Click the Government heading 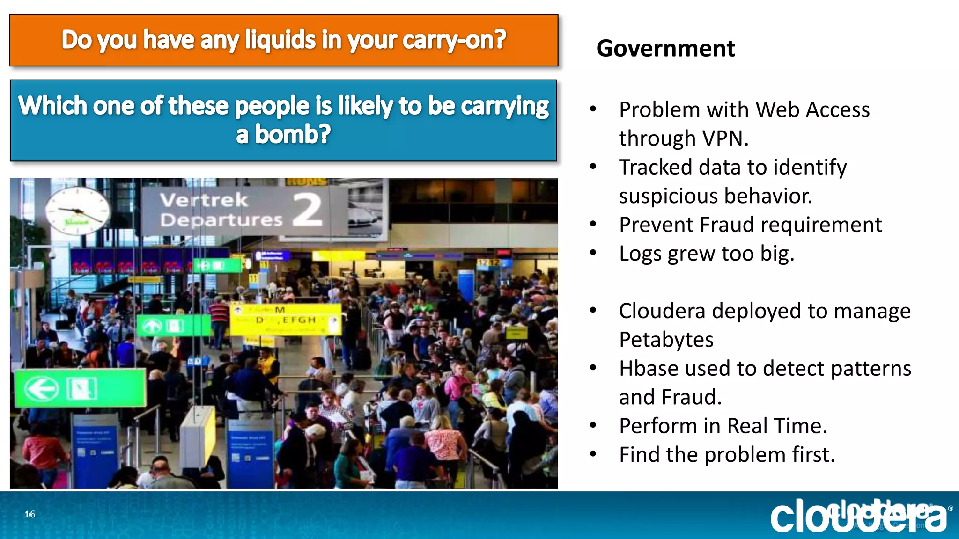click(x=665, y=49)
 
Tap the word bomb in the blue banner click(x=292, y=135)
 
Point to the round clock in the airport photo click(x=78, y=210)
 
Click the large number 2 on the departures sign click(x=308, y=210)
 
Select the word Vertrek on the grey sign click(x=204, y=200)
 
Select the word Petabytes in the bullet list click(x=666, y=340)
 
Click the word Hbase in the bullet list click(x=648, y=369)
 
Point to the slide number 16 click(x=30, y=514)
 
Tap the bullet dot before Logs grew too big click(x=593, y=253)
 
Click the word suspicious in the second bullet click(x=662, y=196)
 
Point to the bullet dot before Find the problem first click(x=593, y=454)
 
